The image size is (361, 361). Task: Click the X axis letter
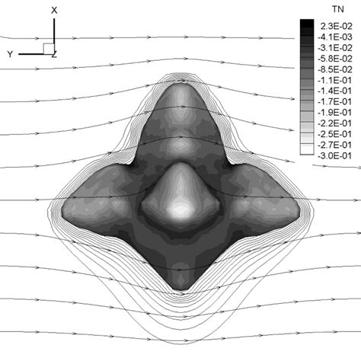54,10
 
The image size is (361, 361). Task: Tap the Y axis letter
10,54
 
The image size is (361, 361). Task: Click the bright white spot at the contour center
181,209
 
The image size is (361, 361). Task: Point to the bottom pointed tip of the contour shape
180,290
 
